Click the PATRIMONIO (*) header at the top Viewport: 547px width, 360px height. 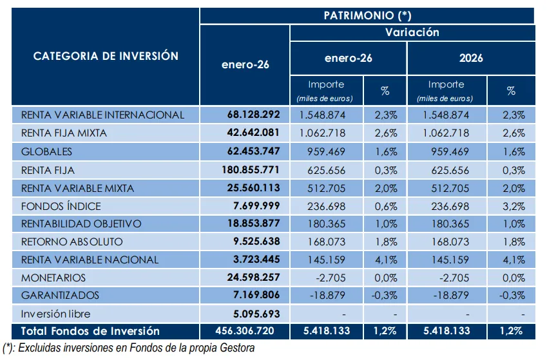pyautogui.click(x=367, y=15)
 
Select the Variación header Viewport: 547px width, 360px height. pyautogui.click(x=412, y=32)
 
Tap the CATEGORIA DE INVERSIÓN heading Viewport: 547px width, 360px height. pyautogui.click(x=106, y=56)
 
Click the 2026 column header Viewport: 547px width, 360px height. pyautogui.click(x=471, y=58)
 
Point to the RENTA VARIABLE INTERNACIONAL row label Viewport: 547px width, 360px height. pyautogui.click(x=103, y=115)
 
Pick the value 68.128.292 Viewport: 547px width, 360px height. pyautogui.click(x=253, y=115)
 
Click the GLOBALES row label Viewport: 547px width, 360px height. pyautogui.click(x=47, y=152)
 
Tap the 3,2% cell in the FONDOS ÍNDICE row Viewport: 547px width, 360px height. pyautogui.click(x=511, y=206)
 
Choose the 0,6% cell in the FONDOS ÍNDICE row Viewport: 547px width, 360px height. pyautogui.click(x=385, y=206)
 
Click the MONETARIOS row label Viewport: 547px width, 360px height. pyautogui.click(x=53, y=278)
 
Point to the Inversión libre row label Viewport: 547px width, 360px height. pyautogui.click(x=56, y=314)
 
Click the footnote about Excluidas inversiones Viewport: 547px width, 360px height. pyautogui.click(x=129, y=348)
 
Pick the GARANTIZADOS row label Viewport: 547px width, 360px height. pyautogui.click(x=61, y=296)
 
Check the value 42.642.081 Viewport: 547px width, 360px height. pyautogui.click(x=253, y=133)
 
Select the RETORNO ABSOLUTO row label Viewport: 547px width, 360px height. pyautogui.click(x=72, y=242)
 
